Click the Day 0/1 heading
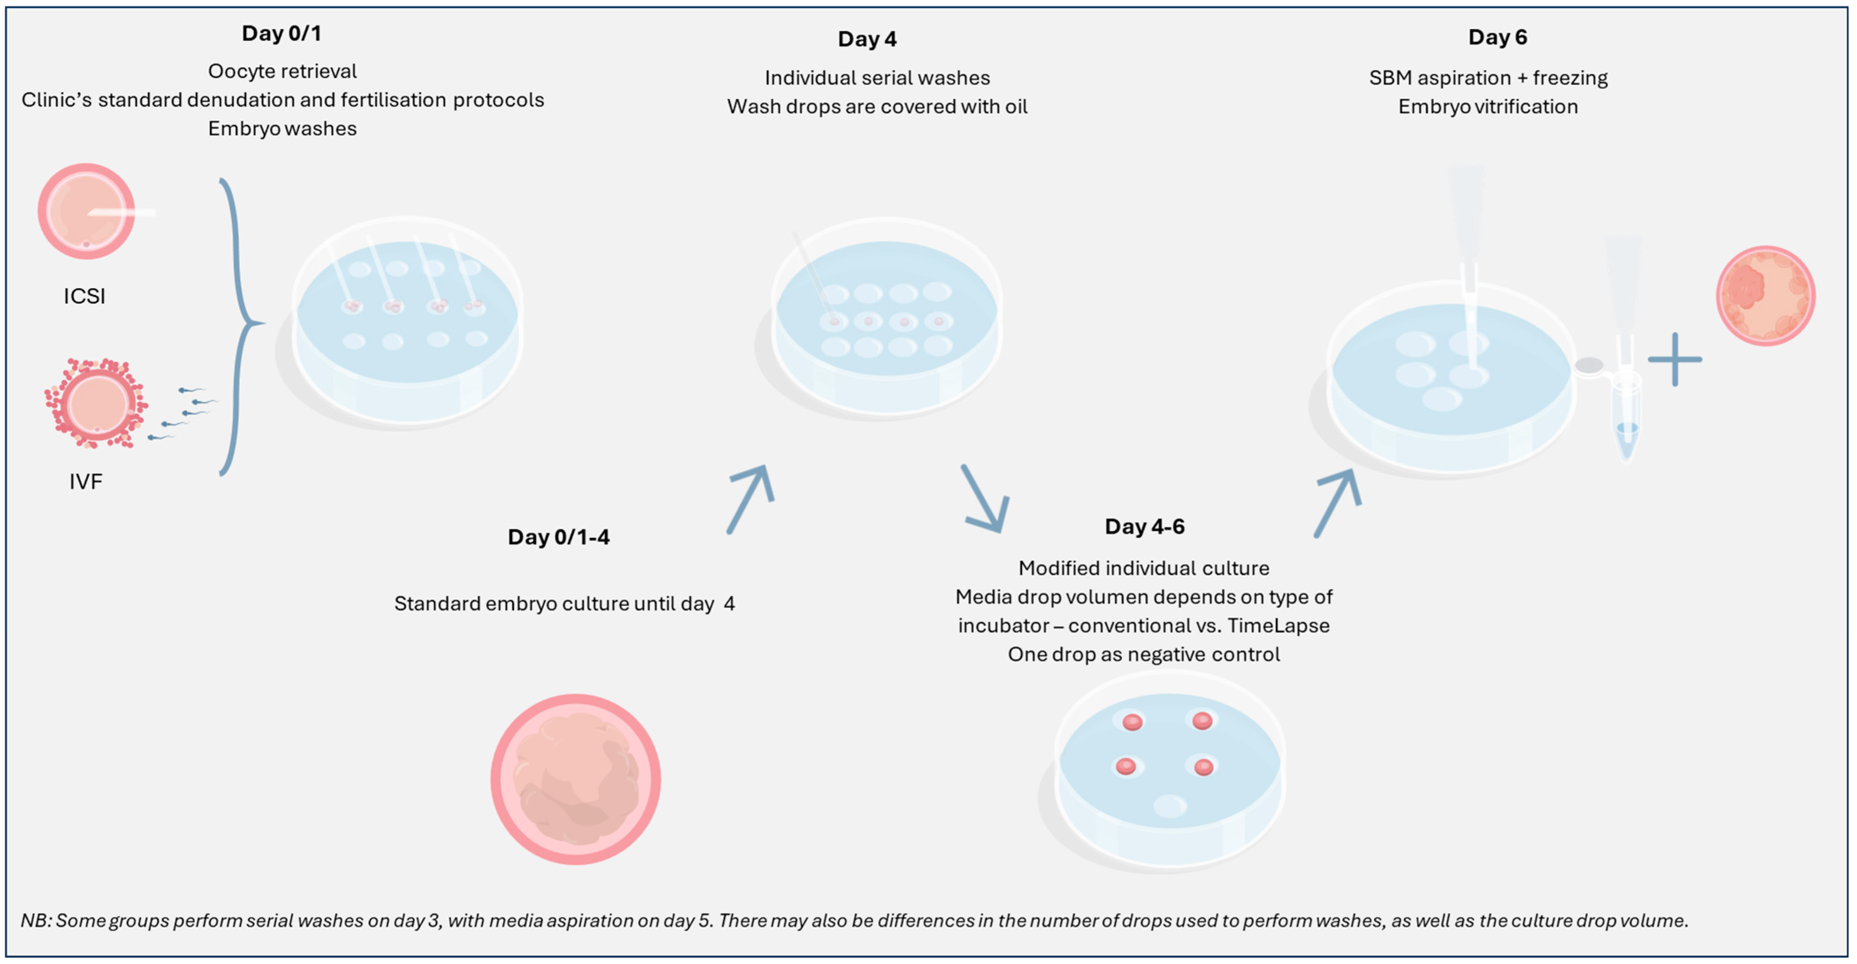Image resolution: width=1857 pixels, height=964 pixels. (x=281, y=34)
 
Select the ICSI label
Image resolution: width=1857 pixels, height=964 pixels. (x=84, y=296)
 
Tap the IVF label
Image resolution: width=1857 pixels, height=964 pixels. (x=86, y=482)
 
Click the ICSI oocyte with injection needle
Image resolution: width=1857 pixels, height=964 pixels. (x=87, y=211)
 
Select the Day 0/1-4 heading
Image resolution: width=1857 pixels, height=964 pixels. (x=558, y=537)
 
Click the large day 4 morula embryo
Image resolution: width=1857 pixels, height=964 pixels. (x=575, y=779)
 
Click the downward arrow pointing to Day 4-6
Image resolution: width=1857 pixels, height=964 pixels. (x=985, y=499)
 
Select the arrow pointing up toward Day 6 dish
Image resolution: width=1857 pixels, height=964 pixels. (x=1338, y=503)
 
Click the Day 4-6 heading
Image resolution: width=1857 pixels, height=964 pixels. (x=1144, y=527)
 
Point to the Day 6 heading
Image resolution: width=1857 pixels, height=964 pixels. (x=1497, y=38)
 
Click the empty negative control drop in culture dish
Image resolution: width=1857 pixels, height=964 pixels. (x=1169, y=805)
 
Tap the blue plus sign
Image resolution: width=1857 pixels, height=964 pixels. (x=1675, y=359)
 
